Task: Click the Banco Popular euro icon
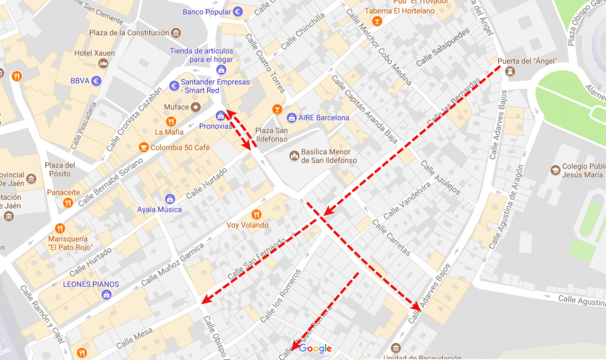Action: point(238,12)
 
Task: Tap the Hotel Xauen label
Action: point(94,53)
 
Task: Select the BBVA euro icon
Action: point(96,81)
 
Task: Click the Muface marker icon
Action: point(196,107)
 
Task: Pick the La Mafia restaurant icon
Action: point(171,122)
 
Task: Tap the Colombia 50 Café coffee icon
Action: point(144,148)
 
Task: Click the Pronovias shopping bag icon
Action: point(221,116)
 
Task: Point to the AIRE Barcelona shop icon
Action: point(292,118)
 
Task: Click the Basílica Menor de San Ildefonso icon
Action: point(294,155)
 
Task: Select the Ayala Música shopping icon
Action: point(170,199)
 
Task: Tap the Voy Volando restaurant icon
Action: point(256,214)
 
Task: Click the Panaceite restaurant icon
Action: point(68,202)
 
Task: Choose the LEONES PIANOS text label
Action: point(91,284)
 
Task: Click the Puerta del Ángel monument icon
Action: point(510,72)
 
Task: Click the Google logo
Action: point(315,349)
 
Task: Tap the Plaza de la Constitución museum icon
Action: point(176,33)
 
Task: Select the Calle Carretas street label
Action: point(391,237)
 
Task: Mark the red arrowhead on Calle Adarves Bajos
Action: point(417,307)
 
